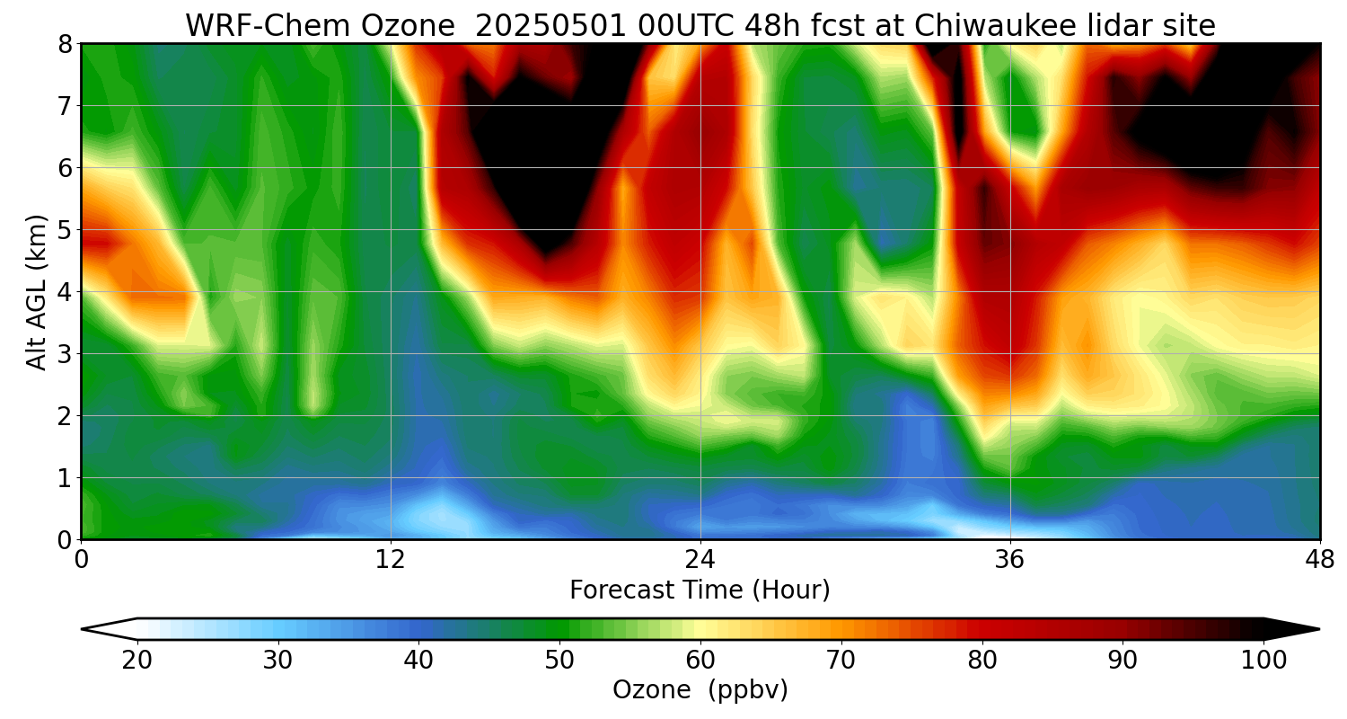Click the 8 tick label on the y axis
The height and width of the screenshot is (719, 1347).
tap(65, 44)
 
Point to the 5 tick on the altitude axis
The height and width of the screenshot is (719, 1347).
tap(65, 230)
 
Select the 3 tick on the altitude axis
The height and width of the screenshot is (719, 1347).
tap(65, 354)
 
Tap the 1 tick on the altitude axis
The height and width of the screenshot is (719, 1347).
tap(65, 478)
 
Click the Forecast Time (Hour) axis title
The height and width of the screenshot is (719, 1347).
tap(700, 590)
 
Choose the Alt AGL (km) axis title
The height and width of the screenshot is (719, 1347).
tap(37, 291)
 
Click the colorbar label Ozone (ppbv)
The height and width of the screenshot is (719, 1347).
tap(700, 690)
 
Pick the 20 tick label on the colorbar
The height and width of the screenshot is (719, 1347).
tap(136, 661)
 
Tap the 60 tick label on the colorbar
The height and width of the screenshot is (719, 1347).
tap(700, 661)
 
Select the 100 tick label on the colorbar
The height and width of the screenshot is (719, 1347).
tap(1263, 661)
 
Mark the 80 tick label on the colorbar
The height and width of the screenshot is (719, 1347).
tap(982, 661)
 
